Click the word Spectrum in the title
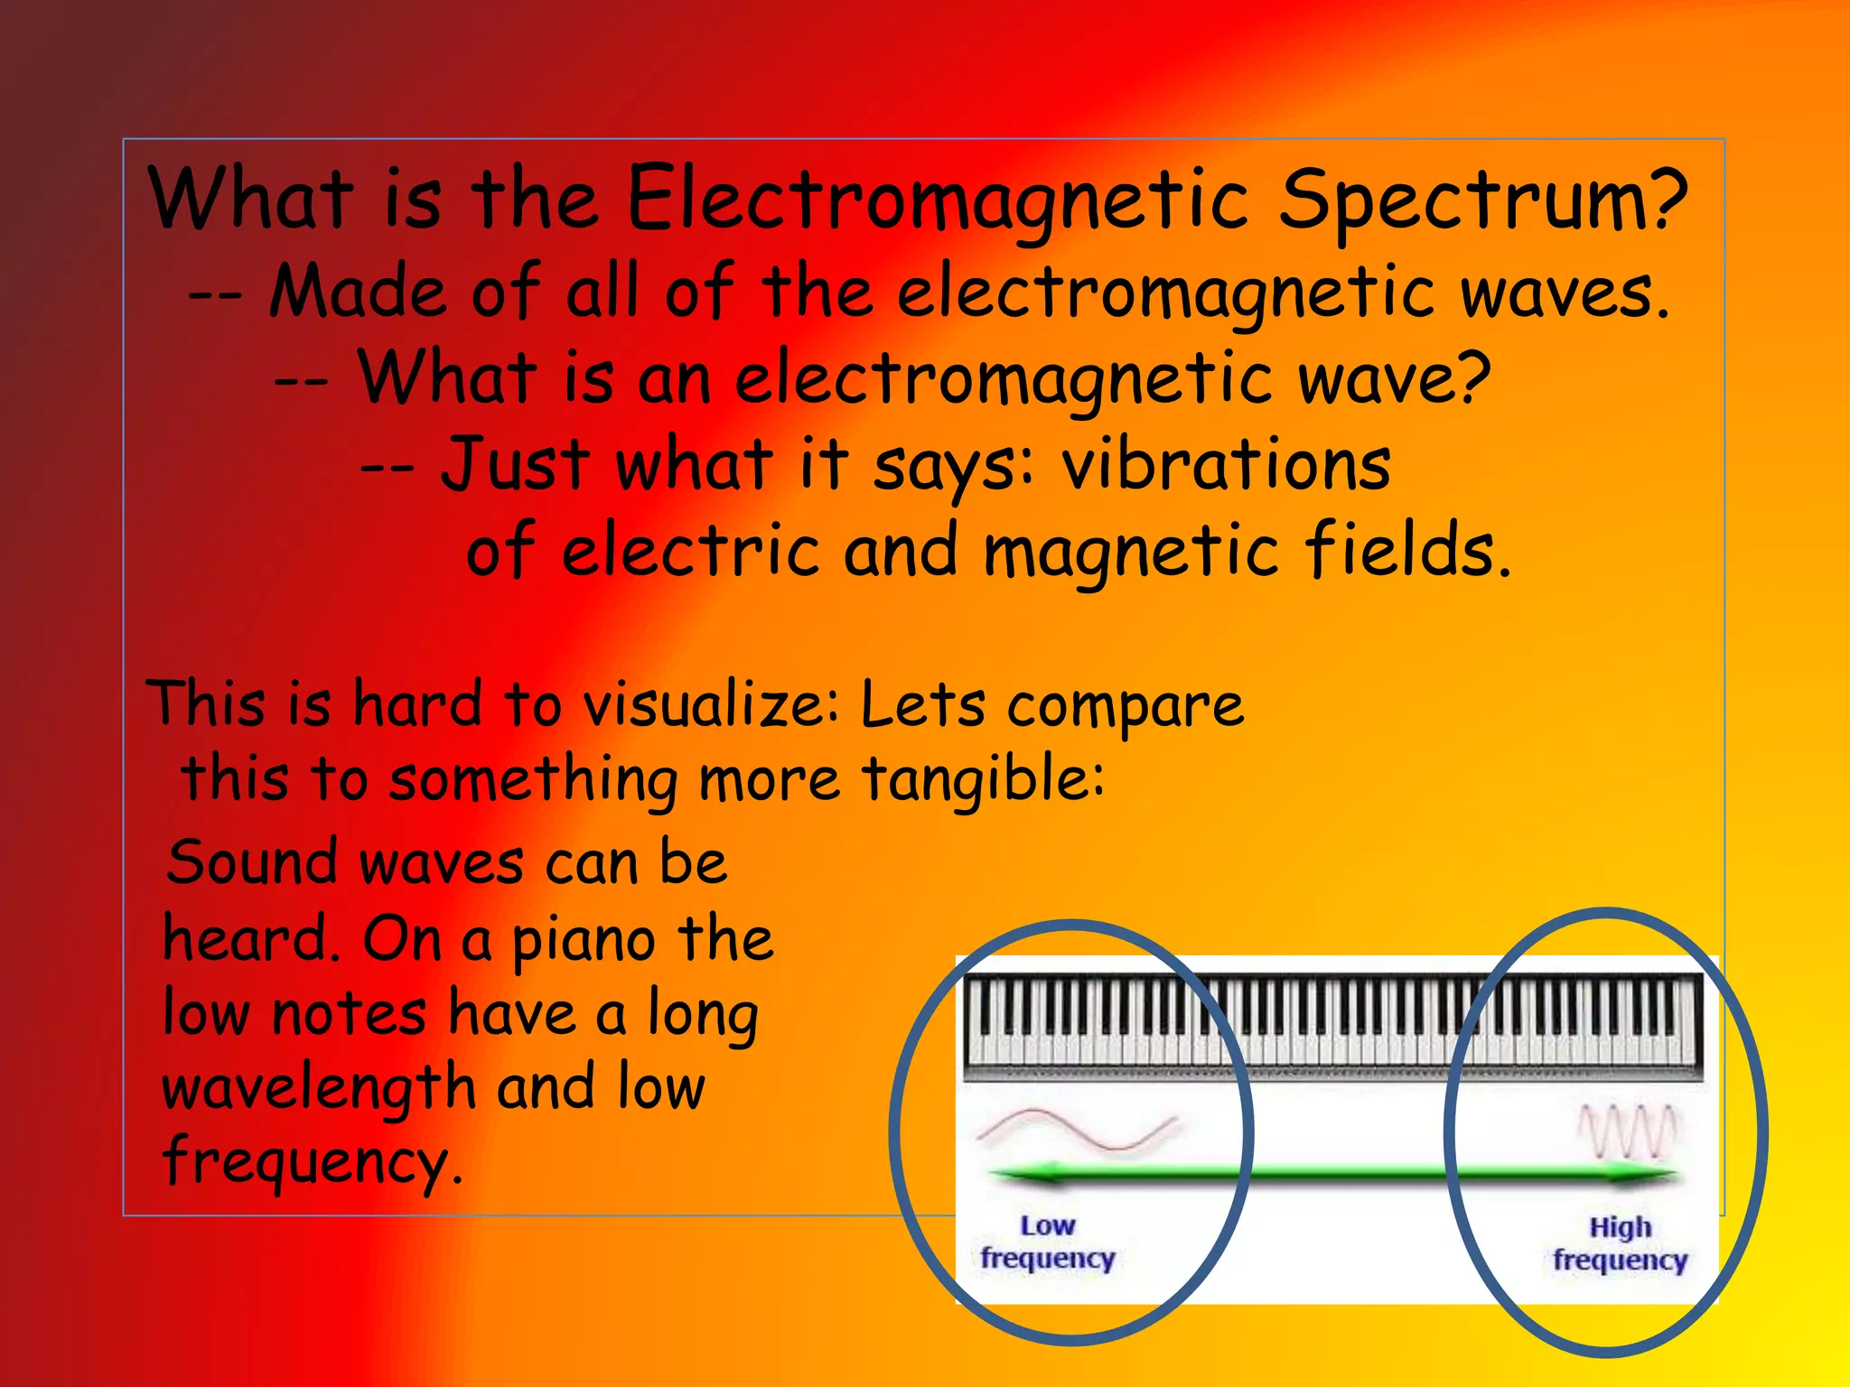(x=1482, y=200)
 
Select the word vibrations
(x=1226, y=464)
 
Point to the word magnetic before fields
(x=1130, y=551)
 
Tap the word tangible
(x=982, y=778)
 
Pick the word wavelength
(x=318, y=1088)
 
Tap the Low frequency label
(x=1048, y=1242)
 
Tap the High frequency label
(x=1620, y=1243)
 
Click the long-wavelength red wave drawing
(x=1077, y=1131)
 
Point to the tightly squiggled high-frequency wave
(x=1627, y=1131)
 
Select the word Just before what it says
(x=515, y=464)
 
